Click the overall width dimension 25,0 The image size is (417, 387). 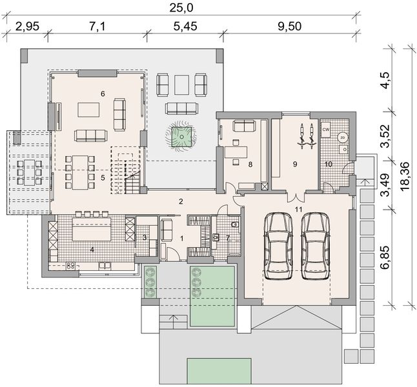tap(181, 8)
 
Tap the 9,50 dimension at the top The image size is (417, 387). tap(290, 26)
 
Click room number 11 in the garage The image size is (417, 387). tap(298, 210)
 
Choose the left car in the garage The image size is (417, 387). tap(278, 246)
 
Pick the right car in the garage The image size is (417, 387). tap(316, 246)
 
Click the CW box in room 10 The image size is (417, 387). tap(326, 130)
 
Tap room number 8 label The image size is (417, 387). tap(250, 164)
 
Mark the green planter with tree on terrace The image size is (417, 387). tap(181, 137)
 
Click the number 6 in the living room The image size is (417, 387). tap(103, 94)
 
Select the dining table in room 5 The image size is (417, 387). tap(80, 172)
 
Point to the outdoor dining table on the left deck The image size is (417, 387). tap(29, 172)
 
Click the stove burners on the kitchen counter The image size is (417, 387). tap(71, 266)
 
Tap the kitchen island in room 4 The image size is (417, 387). tap(92, 229)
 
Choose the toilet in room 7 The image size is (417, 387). tap(235, 225)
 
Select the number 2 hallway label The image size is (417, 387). tap(181, 201)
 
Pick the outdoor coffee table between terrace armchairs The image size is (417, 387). tap(181, 84)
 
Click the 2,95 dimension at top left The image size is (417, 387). tap(27, 26)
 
